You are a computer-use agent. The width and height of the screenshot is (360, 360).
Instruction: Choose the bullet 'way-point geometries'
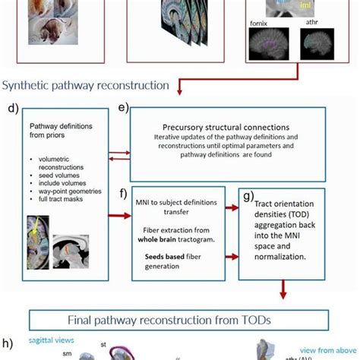pyautogui.click(x=64, y=191)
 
